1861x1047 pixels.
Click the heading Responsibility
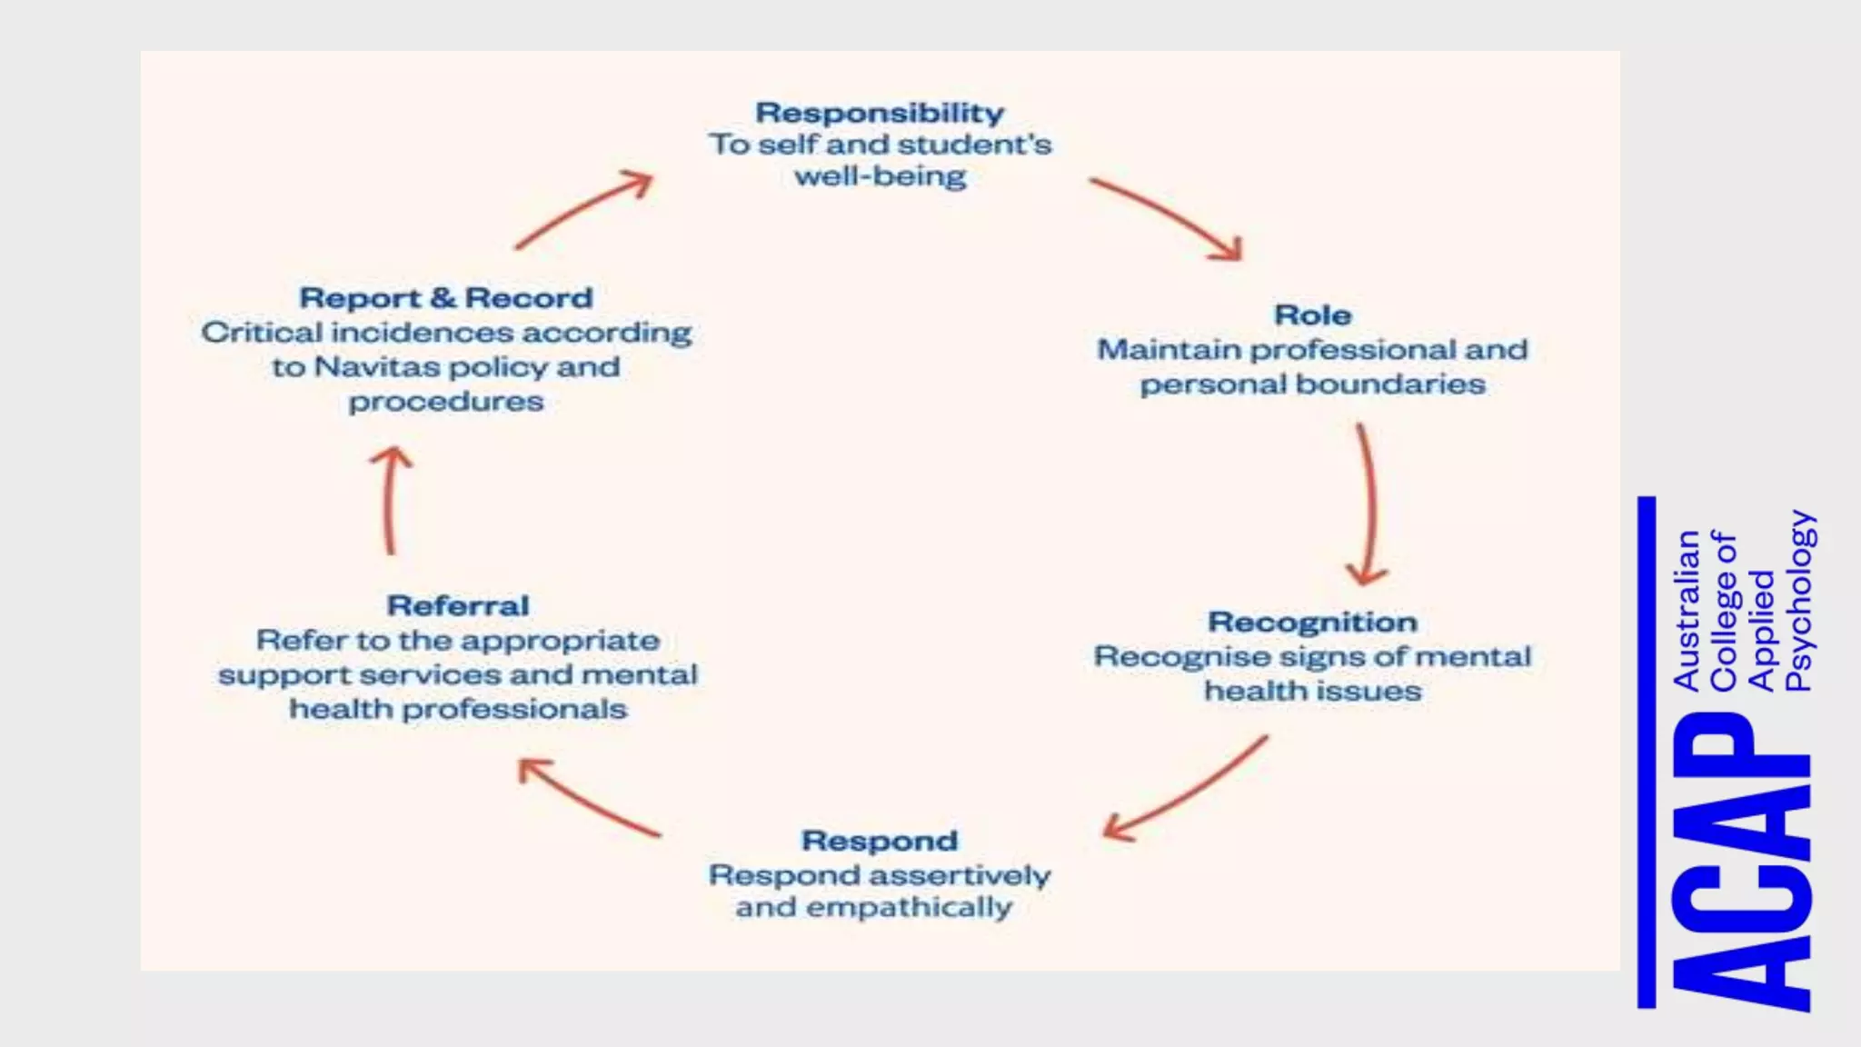point(880,113)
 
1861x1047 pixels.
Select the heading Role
point(1312,315)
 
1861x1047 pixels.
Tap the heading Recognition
point(1312,623)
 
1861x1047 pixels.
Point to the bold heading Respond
point(879,841)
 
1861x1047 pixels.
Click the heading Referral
point(458,606)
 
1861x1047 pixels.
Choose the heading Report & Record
point(445,298)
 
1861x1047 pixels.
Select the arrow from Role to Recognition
point(1368,505)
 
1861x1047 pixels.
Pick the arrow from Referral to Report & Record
point(392,500)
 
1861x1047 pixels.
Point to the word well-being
point(880,175)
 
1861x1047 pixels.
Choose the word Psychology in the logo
point(1799,601)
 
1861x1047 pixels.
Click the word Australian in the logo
point(1686,610)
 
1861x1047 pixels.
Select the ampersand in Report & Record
point(443,298)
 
